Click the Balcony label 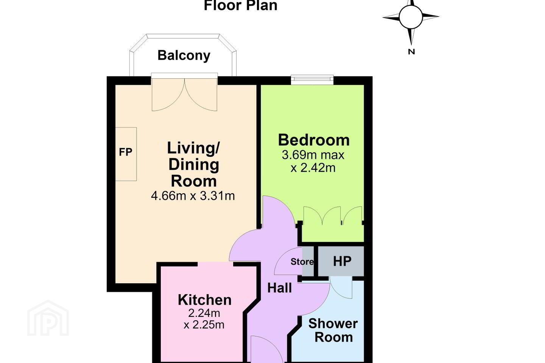[x=184, y=56]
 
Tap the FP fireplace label [x=126, y=152]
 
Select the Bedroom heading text [x=314, y=140]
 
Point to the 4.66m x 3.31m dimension [x=193, y=196]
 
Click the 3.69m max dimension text [x=313, y=155]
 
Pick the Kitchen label [x=205, y=300]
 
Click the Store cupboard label [x=302, y=262]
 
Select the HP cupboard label [x=342, y=261]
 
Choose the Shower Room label [x=333, y=330]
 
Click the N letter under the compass [x=411, y=52]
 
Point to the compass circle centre [x=411, y=17]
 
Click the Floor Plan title [x=241, y=5]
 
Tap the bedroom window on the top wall [x=312, y=80]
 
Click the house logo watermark [x=48, y=318]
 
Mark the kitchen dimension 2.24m [x=204, y=313]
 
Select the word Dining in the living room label [x=194, y=164]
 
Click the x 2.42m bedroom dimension [x=313, y=168]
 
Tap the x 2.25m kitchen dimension [x=204, y=325]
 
